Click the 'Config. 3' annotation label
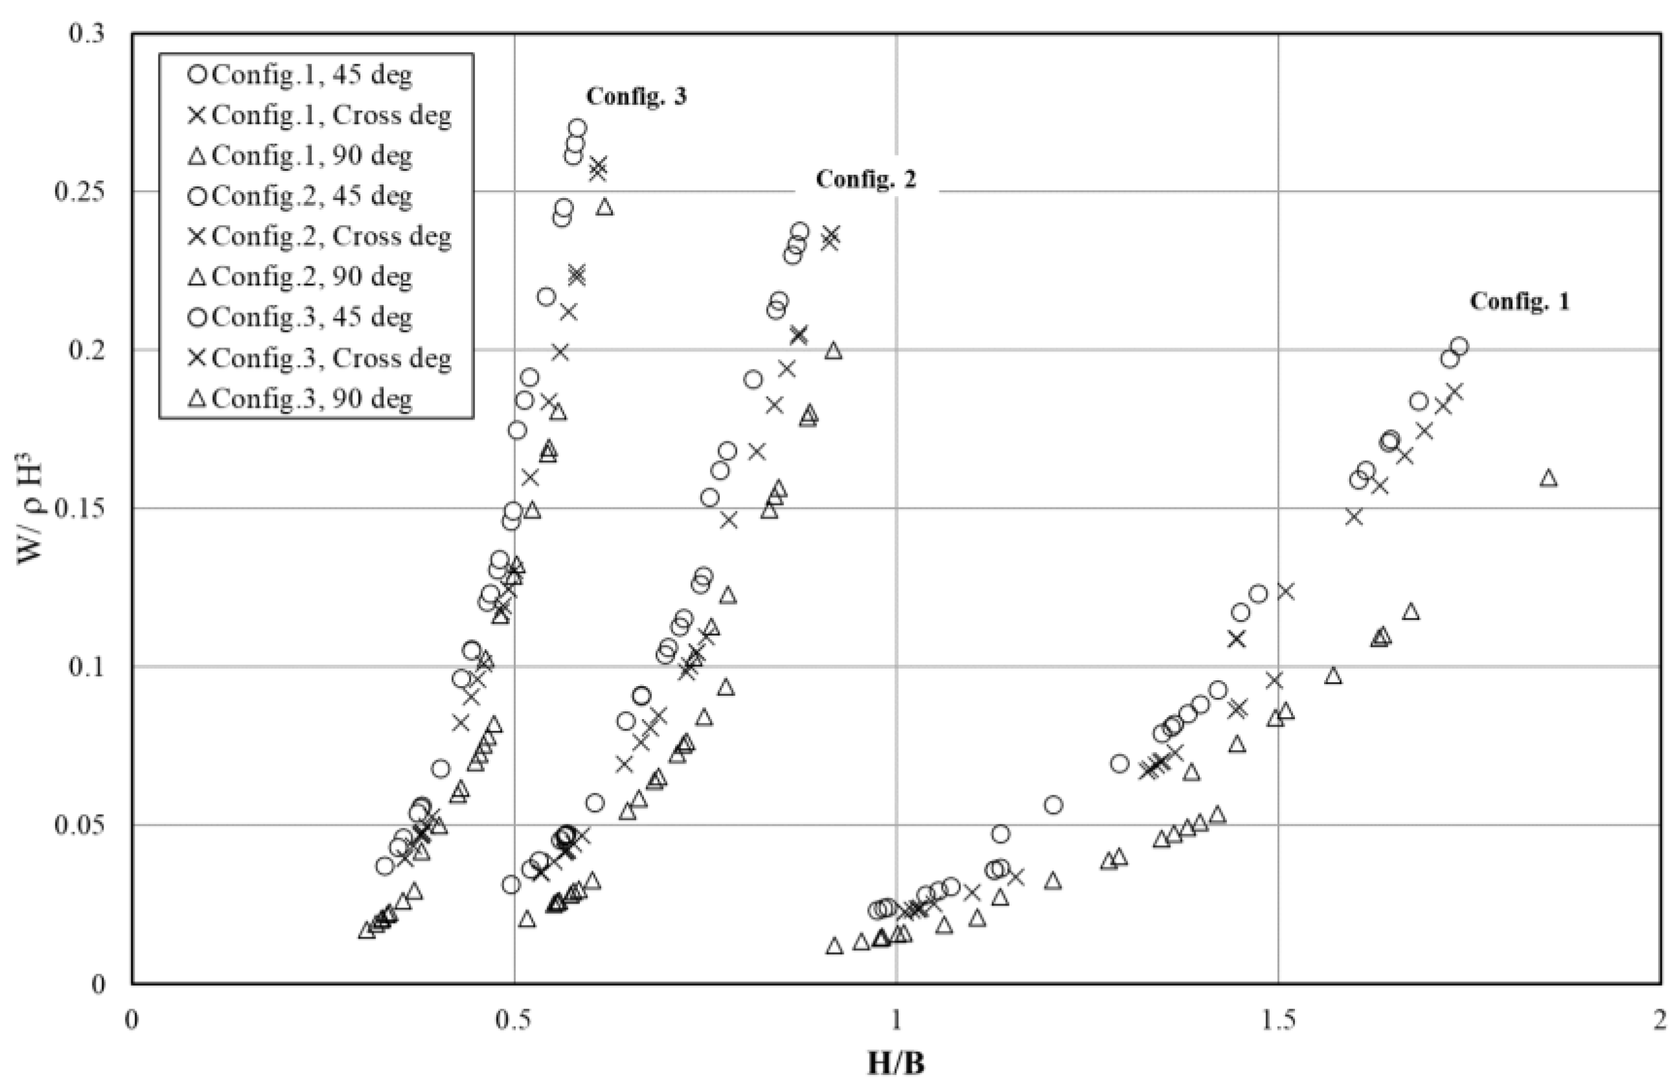[x=636, y=96]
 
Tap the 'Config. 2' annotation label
[x=865, y=179]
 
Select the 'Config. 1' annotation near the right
[x=1519, y=302]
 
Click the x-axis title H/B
[x=896, y=1063]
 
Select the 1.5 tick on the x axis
[x=1278, y=1021]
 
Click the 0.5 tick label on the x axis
[x=514, y=1021]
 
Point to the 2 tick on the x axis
[x=1659, y=1021]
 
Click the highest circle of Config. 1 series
[x=1459, y=347]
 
